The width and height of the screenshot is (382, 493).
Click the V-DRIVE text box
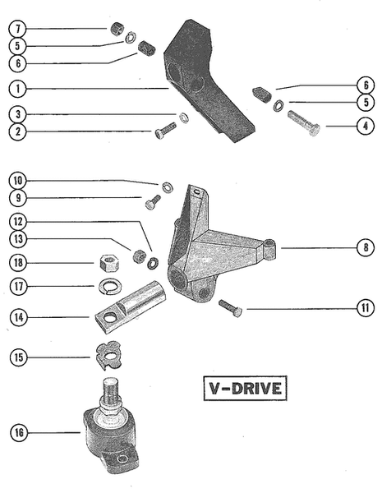tap(243, 387)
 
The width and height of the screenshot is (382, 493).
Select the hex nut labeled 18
tap(107, 263)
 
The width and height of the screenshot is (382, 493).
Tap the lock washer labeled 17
tap(107, 285)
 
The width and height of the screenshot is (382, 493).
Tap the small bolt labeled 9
tap(153, 200)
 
